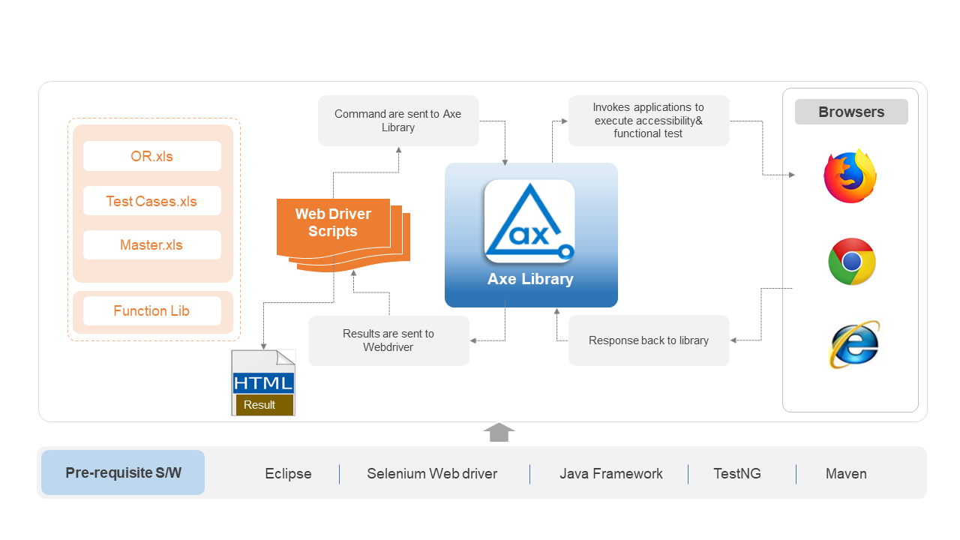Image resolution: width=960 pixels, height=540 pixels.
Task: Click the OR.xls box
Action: coord(152,156)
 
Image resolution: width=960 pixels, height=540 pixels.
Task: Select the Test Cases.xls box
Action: coord(152,200)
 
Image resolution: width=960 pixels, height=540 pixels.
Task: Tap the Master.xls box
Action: coord(152,244)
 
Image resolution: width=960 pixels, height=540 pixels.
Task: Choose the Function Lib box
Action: coord(152,310)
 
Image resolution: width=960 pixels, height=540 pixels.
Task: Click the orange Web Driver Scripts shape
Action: coord(343,233)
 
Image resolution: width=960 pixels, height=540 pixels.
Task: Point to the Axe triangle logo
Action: coord(529,221)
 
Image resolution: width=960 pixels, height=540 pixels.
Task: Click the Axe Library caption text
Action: coord(530,279)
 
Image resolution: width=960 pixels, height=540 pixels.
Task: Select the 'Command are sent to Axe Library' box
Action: coord(398,121)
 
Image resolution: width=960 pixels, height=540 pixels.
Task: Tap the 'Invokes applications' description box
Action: coord(649,121)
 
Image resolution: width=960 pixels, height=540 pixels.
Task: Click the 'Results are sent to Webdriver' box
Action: coord(388,340)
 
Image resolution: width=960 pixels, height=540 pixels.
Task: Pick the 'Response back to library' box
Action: coord(649,340)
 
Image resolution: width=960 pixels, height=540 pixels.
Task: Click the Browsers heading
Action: coord(851,112)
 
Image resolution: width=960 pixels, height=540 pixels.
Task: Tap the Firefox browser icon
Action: coord(850,175)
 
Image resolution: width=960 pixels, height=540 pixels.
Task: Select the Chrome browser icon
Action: coord(851,262)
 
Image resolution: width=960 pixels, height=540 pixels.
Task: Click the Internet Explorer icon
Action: coord(854,344)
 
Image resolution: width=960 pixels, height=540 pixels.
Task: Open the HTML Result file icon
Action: coord(263,382)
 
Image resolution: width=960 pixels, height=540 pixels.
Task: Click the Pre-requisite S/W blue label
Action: coord(123,472)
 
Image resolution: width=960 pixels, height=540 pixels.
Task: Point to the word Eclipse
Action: coord(288,473)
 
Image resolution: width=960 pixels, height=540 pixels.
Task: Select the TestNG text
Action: coord(737,473)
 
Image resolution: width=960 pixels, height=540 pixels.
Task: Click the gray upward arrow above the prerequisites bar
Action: coord(499,432)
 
